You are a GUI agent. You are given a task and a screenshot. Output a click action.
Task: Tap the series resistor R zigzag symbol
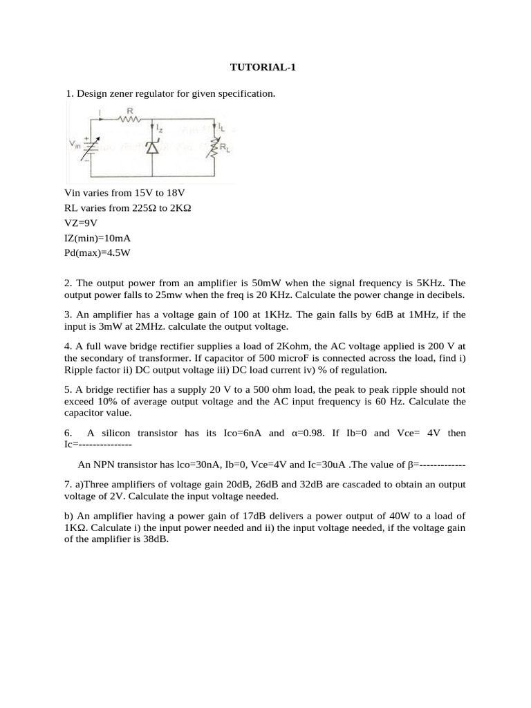tap(129, 119)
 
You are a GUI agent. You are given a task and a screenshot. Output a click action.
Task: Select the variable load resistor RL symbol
tap(215, 146)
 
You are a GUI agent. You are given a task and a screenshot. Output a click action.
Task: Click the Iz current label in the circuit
tap(160, 128)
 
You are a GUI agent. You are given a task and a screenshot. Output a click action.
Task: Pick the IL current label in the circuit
tap(221, 127)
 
